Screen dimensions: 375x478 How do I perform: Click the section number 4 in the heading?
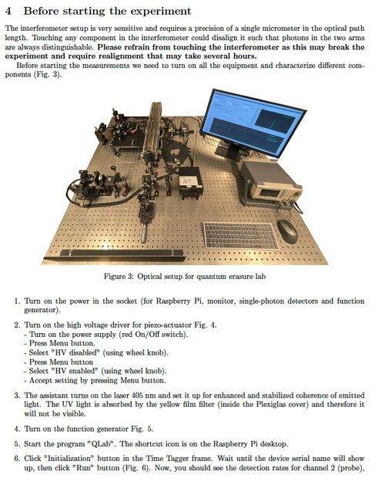(8, 11)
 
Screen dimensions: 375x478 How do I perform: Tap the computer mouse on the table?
(287, 231)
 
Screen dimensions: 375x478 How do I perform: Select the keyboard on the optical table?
(239, 235)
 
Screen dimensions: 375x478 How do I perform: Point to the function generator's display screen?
(270, 193)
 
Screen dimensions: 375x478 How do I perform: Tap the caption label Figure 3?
(119, 277)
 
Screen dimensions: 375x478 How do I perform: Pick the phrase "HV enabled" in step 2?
(75, 371)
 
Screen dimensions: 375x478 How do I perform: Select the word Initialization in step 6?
(70, 459)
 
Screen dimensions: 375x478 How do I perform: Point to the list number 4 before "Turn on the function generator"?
(17, 429)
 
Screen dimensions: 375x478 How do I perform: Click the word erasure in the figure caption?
(213, 277)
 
